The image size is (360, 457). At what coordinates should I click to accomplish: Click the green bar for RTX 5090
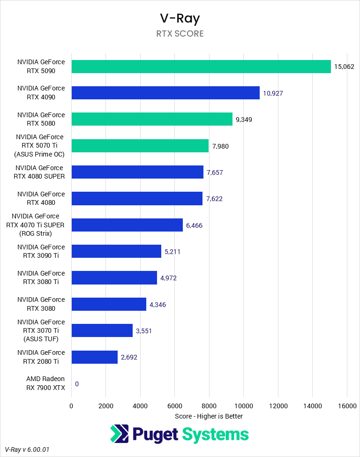pyautogui.click(x=201, y=67)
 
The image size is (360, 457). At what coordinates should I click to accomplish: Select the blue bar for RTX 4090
pyautogui.click(x=165, y=93)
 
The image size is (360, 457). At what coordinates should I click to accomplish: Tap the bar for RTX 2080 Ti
pyautogui.click(x=94, y=357)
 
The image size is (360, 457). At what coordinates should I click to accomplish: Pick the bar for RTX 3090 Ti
pyautogui.click(x=116, y=252)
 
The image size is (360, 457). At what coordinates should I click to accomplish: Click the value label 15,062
pyautogui.click(x=344, y=67)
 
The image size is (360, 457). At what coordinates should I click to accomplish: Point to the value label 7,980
pyautogui.click(x=220, y=146)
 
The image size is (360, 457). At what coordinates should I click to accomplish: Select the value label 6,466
pyautogui.click(x=194, y=225)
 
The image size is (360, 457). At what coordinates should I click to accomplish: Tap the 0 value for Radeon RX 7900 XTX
pyautogui.click(x=76, y=384)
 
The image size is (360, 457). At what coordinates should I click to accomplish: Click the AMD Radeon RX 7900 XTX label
pyautogui.click(x=45, y=383)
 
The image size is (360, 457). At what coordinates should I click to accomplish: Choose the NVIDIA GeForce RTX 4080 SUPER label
pyautogui.click(x=40, y=172)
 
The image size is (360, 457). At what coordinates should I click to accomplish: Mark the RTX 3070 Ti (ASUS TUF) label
pyautogui.click(x=41, y=330)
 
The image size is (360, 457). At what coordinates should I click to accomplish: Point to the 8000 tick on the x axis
pyautogui.click(x=209, y=405)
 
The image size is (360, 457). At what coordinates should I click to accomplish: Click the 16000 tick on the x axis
pyautogui.click(x=346, y=405)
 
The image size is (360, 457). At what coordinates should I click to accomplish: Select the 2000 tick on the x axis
pyautogui.click(x=105, y=405)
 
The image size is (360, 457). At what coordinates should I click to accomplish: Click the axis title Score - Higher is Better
pyautogui.click(x=209, y=416)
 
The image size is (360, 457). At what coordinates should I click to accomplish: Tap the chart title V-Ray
pyautogui.click(x=180, y=18)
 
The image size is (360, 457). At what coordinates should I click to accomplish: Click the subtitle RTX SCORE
pyautogui.click(x=180, y=34)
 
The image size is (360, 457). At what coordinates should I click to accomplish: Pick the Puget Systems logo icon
pyautogui.click(x=119, y=434)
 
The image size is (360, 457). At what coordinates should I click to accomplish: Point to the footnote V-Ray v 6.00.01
pyautogui.click(x=27, y=450)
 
